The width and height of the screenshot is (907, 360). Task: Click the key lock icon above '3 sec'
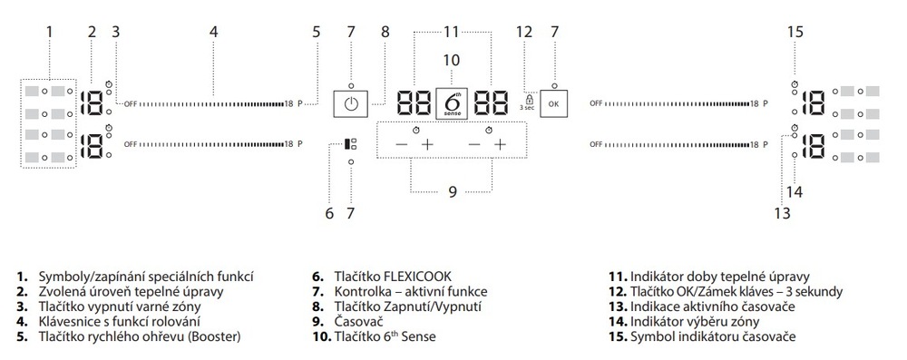tap(527, 97)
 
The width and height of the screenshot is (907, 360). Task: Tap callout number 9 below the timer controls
tap(452, 191)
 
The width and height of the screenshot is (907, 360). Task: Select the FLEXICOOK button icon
tap(351, 143)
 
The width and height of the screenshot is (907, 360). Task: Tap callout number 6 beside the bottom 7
tap(329, 214)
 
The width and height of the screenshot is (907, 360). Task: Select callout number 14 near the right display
tap(795, 191)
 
